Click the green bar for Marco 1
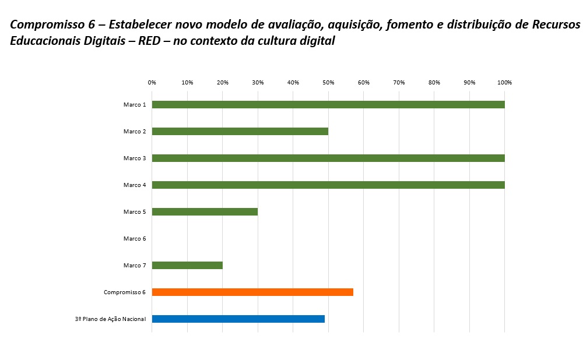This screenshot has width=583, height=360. (x=328, y=105)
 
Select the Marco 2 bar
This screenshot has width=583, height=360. (x=240, y=132)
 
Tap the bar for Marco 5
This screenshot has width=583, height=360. (x=205, y=212)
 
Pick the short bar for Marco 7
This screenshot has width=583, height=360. (x=187, y=266)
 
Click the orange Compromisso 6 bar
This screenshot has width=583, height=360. (x=252, y=292)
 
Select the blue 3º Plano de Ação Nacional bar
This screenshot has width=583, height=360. (x=238, y=319)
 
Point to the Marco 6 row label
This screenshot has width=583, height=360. (x=135, y=239)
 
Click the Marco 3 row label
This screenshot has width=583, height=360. (x=135, y=158)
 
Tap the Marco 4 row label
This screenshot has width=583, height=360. (x=135, y=185)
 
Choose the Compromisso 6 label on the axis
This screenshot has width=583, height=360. (x=125, y=292)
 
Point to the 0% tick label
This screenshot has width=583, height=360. (x=152, y=83)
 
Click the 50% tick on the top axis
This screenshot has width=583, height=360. (x=328, y=83)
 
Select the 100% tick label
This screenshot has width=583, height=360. (x=504, y=83)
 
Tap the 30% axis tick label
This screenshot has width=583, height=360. (x=258, y=83)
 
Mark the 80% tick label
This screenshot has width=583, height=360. (x=434, y=83)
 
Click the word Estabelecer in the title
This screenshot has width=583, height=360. (x=142, y=25)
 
